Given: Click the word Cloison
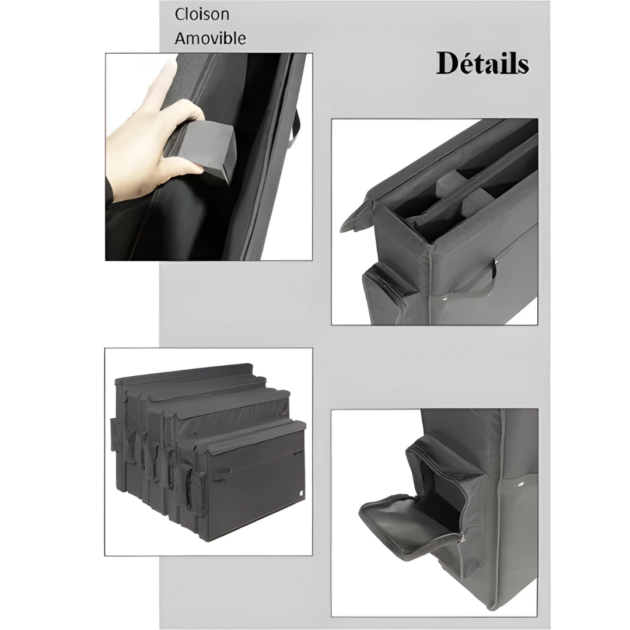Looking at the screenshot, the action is pyautogui.click(x=202, y=15).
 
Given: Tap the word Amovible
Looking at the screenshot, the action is pyautogui.click(x=210, y=38).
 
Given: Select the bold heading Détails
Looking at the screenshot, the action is pyautogui.click(x=482, y=63).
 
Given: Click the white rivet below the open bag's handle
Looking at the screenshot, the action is pyautogui.click(x=445, y=299).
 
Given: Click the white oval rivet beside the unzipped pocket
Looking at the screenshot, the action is pyautogui.click(x=521, y=484).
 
